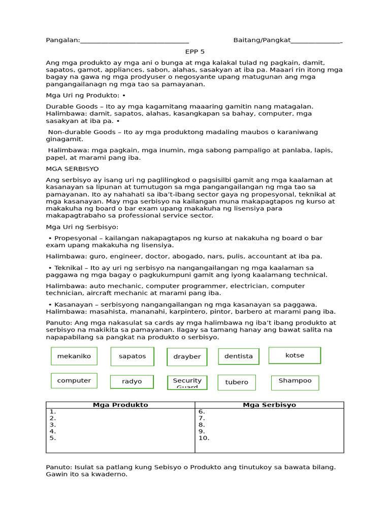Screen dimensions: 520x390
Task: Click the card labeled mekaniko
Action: (x=74, y=356)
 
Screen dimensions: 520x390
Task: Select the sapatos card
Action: (x=132, y=356)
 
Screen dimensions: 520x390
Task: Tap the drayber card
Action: (x=187, y=356)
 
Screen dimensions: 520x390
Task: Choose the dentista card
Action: (x=239, y=356)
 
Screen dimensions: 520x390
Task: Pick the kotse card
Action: (x=295, y=355)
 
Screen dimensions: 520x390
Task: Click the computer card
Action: (x=74, y=380)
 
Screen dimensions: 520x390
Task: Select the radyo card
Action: (x=132, y=381)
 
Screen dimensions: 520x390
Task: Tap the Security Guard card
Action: (x=187, y=382)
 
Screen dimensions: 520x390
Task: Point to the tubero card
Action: (x=237, y=382)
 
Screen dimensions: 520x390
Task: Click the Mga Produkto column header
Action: (x=120, y=405)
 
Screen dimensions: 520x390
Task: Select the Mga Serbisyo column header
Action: (x=269, y=405)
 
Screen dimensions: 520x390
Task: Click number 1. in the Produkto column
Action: (x=53, y=411)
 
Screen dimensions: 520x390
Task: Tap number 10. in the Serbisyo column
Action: (x=204, y=438)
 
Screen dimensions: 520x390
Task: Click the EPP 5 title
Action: (x=194, y=52)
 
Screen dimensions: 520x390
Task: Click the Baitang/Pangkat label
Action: (x=262, y=40)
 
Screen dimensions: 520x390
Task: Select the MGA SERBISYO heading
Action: (x=72, y=169)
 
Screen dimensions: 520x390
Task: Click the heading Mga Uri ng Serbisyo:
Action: (x=82, y=227)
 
